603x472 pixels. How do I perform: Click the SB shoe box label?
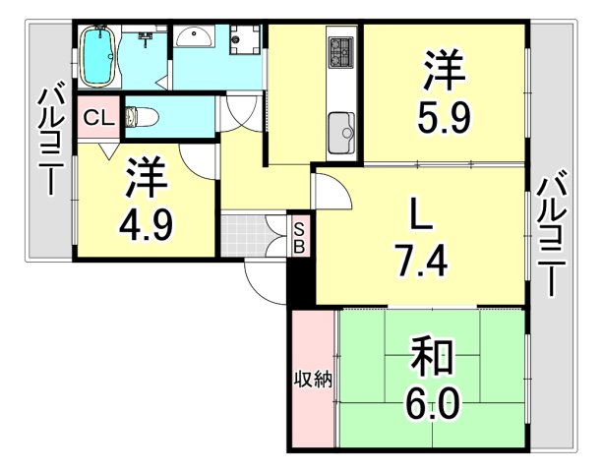[299, 238]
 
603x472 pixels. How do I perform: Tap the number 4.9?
[149, 225]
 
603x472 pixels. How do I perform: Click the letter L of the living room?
[417, 212]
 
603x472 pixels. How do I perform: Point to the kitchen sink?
[341, 129]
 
